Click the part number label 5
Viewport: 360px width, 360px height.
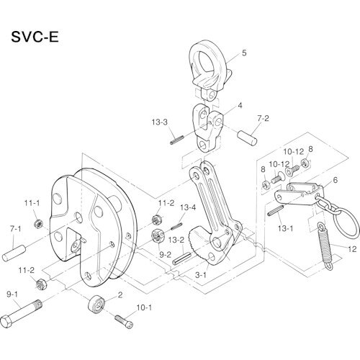244,53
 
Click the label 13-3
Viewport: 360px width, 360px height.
159,123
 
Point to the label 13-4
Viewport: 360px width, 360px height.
188,208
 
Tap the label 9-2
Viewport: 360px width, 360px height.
164,255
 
